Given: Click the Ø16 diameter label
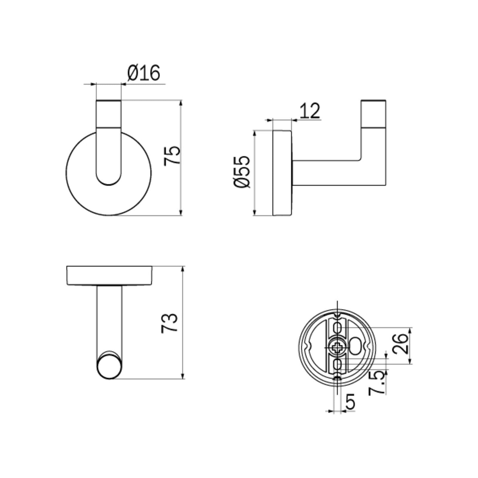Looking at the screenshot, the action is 144,73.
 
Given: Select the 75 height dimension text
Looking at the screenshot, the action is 173,155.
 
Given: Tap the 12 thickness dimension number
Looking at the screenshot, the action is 310,111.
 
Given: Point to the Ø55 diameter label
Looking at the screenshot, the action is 241,171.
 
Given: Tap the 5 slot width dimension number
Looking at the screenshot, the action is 350,402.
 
